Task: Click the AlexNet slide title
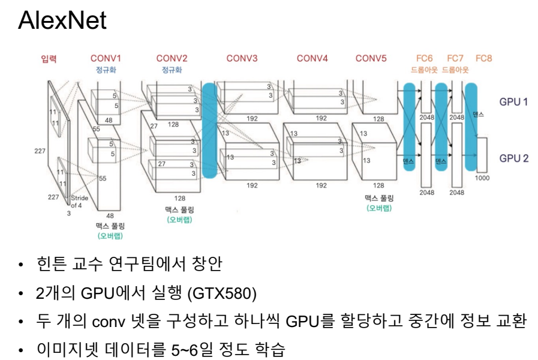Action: pyautogui.click(x=62, y=22)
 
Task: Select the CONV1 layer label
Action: pyautogui.click(x=106, y=58)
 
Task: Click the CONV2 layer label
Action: pyautogui.click(x=172, y=58)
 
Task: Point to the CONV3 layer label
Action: pyautogui.click(x=242, y=58)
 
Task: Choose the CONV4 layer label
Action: pyautogui.click(x=312, y=58)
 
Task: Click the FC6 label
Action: pyautogui.click(x=425, y=58)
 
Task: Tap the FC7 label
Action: pyautogui.click(x=455, y=58)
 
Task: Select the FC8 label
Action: pyautogui.click(x=484, y=58)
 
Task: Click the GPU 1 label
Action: pyautogui.click(x=514, y=101)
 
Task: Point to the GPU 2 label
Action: pyautogui.click(x=514, y=158)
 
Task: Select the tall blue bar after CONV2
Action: pyautogui.click(x=209, y=131)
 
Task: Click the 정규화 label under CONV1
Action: pyautogui.click(x=106, y=70)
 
